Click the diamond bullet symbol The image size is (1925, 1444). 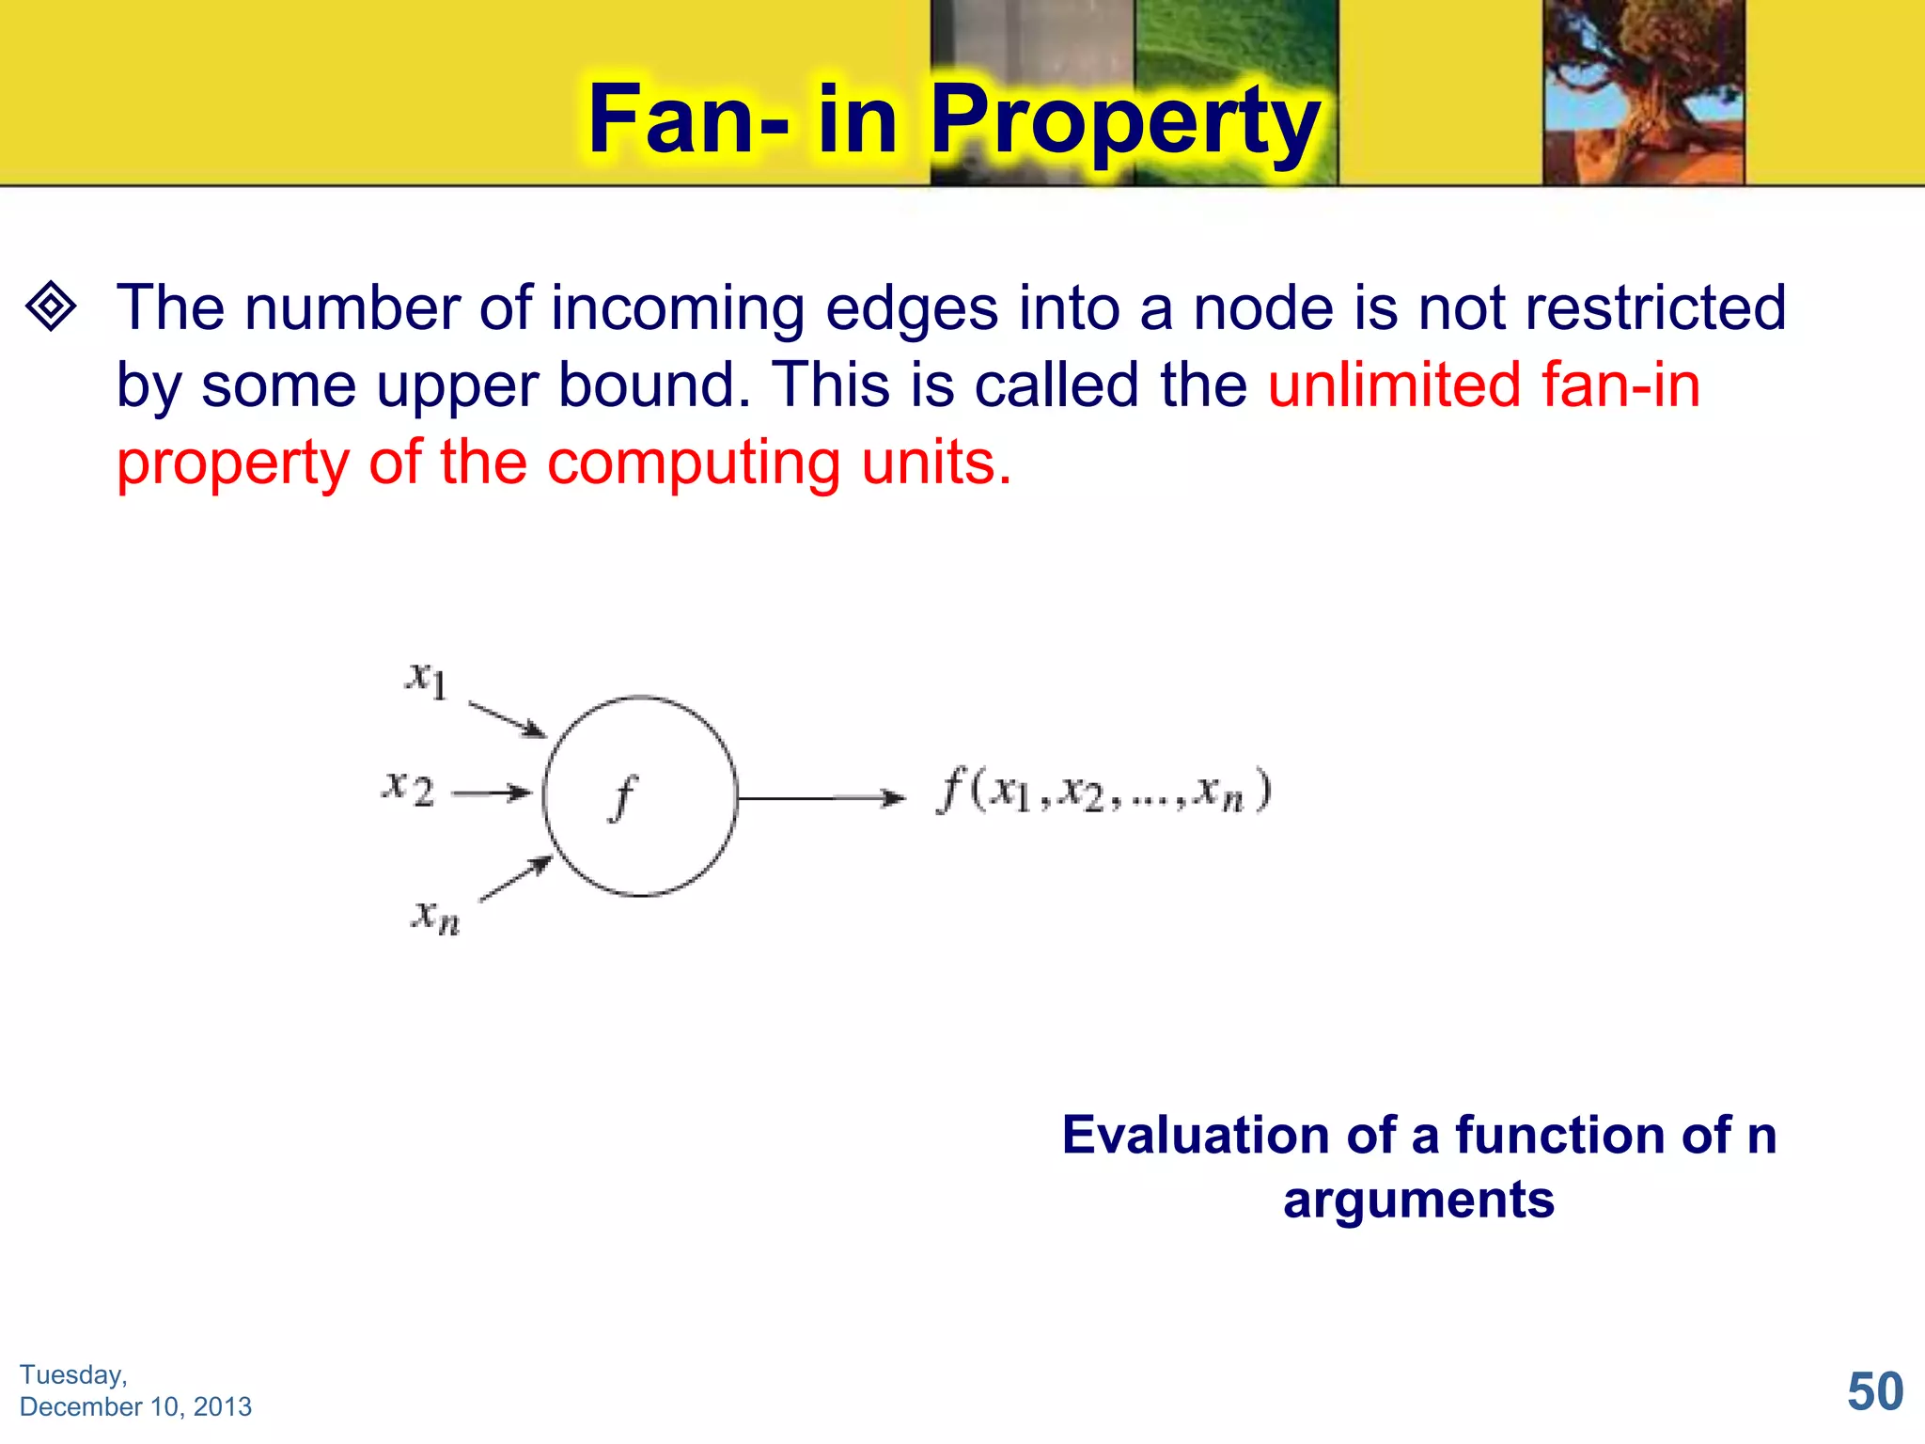click(51, 306)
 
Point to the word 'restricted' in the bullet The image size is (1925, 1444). click(1655, 307)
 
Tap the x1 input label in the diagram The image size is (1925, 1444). click(426, 678)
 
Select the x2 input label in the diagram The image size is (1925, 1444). click(409, 788)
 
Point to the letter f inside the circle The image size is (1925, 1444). click(623, 797)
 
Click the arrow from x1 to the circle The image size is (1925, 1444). click(508, 719)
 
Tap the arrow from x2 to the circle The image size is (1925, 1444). click(492, 793)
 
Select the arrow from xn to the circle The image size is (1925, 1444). click(515, 879)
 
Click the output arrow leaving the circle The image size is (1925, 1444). click(822, 798)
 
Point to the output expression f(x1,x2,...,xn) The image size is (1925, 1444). click(1104, 791)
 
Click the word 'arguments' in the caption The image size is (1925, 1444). click(1418, 1200)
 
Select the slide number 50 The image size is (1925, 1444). click(1874, 1391)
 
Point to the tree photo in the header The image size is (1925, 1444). click(1643, 91)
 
